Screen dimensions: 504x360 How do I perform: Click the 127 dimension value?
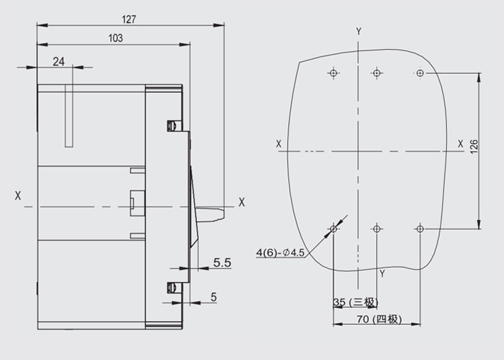pyautogui.click(x=129, y=19)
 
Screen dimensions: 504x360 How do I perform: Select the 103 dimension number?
pyautogui.click(x=116, y=38)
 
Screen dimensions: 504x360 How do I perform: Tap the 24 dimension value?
pyautogui.click(x=58, y=61)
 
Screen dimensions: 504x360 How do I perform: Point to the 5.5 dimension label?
pyautogui.click(x=222, y=263)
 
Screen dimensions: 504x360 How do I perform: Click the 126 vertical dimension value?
pyautogui.click(x=474, y=146)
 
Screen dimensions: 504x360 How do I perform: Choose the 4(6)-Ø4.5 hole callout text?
pyautogui.click(x=280, y=253)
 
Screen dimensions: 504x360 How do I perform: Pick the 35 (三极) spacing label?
pyautogui.click(x=355, y=302)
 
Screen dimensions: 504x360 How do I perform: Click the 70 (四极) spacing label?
pyautogui.click(x=379, y=319)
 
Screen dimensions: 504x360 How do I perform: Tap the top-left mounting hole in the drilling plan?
pyautogui.click(x=333, y=73)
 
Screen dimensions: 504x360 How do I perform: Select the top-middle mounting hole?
pyautogui.click(x=377, y=73)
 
